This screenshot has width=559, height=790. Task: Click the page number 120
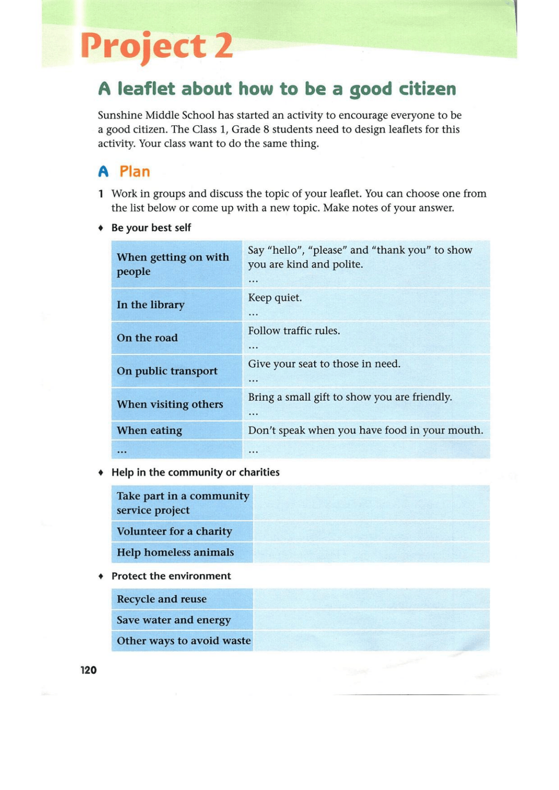[88, 670]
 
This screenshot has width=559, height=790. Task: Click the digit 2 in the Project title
[224, 46]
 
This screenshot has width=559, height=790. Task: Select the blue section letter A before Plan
[103, 172]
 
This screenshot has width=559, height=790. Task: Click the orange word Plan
[135, 172]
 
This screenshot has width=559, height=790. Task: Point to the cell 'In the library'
[151, 305]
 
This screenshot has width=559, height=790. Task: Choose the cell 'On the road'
[147, 338]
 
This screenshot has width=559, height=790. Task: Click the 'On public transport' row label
[167, 371]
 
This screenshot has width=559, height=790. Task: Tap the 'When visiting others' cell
[170, 404]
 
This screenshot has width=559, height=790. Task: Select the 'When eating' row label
[149, 431]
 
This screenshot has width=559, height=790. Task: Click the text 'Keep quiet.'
[275, 298]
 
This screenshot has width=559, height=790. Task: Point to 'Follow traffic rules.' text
[294, 331]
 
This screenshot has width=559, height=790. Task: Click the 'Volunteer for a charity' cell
[174, 532]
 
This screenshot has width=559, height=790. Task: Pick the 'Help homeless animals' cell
[175, 553]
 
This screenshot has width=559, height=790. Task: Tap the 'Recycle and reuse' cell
[162, 599]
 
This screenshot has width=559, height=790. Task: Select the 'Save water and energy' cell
[174, 620]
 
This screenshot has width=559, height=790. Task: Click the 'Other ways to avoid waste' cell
[183, 641]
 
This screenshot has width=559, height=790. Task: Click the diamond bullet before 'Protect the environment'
[101, 576]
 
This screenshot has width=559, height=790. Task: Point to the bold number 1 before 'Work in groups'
[101, 194]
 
